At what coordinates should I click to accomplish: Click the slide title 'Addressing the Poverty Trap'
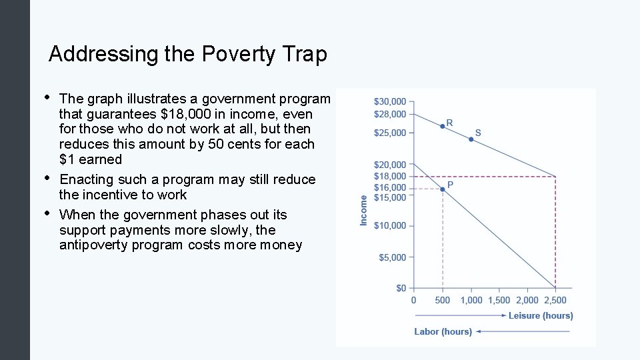[x=187, y=54]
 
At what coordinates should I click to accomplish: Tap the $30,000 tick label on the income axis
[x=389, y=102]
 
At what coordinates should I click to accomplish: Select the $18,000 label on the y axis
[x=389, y=177]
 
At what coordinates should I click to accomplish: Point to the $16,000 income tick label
[x=389, y=188]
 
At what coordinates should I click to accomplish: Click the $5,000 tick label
[x=392, y=257]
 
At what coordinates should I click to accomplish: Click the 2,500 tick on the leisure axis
[x=555, y=301]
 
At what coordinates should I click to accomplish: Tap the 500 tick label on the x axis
[x=443, y=301]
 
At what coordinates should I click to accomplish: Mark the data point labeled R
[x=442, y=126]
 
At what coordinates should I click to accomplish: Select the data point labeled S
[x=471, y=139]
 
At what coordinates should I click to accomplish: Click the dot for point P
[x=443, y=189]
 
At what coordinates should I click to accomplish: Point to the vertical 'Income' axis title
[x=364, y=210]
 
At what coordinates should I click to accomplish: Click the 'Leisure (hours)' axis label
[x=540, y=315]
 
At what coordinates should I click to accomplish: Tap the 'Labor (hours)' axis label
[x=443, y=331]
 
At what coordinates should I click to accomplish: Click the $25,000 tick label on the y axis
[x=389, y=133]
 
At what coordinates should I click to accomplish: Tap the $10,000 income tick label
[x=389, y=226]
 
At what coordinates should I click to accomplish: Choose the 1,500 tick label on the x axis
[x=499, y=301]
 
